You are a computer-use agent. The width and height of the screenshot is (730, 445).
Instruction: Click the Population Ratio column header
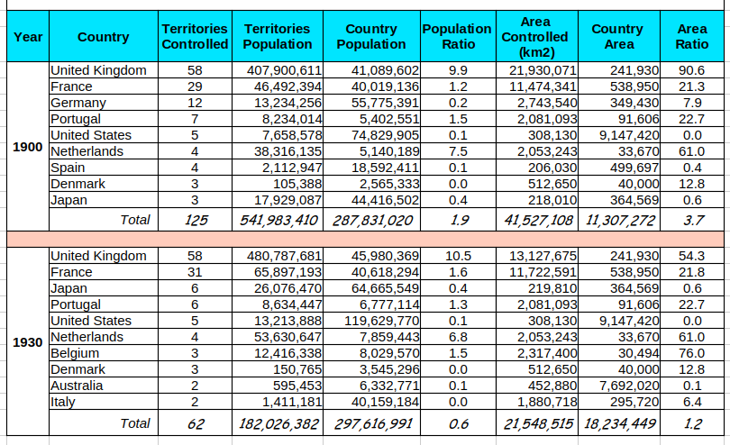457,36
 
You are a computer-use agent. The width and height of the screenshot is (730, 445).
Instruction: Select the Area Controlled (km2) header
535,37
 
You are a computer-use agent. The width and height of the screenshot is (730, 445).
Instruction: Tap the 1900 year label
27,147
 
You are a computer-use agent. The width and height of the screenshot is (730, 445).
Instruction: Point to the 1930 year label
27,342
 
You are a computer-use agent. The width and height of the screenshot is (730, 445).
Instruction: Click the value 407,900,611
284,70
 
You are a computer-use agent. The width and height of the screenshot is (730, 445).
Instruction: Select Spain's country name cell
68,168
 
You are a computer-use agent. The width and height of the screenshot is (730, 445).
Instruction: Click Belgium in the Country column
75,353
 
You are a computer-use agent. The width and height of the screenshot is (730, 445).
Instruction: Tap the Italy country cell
62,402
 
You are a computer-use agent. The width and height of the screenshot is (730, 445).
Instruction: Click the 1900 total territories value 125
196,220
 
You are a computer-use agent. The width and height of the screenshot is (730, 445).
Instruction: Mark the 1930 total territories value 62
196,423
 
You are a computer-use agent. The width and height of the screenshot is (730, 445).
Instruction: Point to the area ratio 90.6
691,70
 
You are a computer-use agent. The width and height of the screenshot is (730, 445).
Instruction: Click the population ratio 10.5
458,256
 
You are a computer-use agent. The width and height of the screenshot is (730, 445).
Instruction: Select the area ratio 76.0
691,353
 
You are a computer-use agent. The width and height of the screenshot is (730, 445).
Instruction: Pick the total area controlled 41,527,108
539,220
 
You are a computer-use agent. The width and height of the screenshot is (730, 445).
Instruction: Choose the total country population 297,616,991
373,423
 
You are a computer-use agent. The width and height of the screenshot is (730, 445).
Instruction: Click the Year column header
28,37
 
